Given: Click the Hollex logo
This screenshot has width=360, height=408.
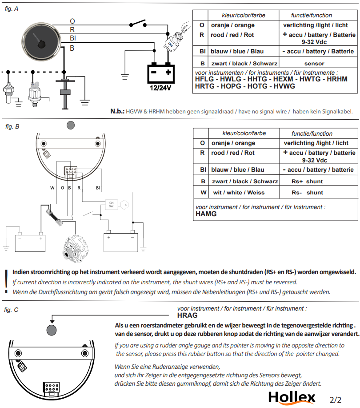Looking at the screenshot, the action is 292,398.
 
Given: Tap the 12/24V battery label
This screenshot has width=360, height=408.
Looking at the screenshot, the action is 160,88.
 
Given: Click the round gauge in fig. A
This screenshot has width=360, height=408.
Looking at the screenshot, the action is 41,42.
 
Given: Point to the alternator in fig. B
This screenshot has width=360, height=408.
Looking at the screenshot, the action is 76,249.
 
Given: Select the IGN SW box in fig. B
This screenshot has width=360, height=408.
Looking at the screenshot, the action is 111,205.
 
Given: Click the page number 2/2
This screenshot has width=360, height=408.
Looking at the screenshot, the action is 335,400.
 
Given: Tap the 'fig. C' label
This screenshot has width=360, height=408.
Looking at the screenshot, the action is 11,310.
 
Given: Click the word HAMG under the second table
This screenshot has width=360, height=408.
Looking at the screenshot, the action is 206,214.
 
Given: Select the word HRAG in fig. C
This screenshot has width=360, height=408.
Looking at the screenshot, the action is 187,315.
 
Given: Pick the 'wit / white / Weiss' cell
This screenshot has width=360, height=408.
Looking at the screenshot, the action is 239,193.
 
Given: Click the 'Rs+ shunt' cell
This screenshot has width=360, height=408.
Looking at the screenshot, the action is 307,182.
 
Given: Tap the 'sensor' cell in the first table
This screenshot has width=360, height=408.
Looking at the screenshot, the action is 314,64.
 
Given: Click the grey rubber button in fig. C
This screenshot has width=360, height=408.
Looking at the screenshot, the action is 52,330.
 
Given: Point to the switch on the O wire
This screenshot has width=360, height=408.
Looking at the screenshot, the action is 138,24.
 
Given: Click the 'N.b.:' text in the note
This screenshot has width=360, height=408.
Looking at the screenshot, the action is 117,111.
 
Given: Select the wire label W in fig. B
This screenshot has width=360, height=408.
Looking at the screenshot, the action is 52,188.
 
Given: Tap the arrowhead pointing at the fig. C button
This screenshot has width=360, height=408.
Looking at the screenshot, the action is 52,320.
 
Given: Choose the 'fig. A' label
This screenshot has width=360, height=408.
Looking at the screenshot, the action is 12,9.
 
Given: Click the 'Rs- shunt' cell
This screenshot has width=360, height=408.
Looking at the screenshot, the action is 307,193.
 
